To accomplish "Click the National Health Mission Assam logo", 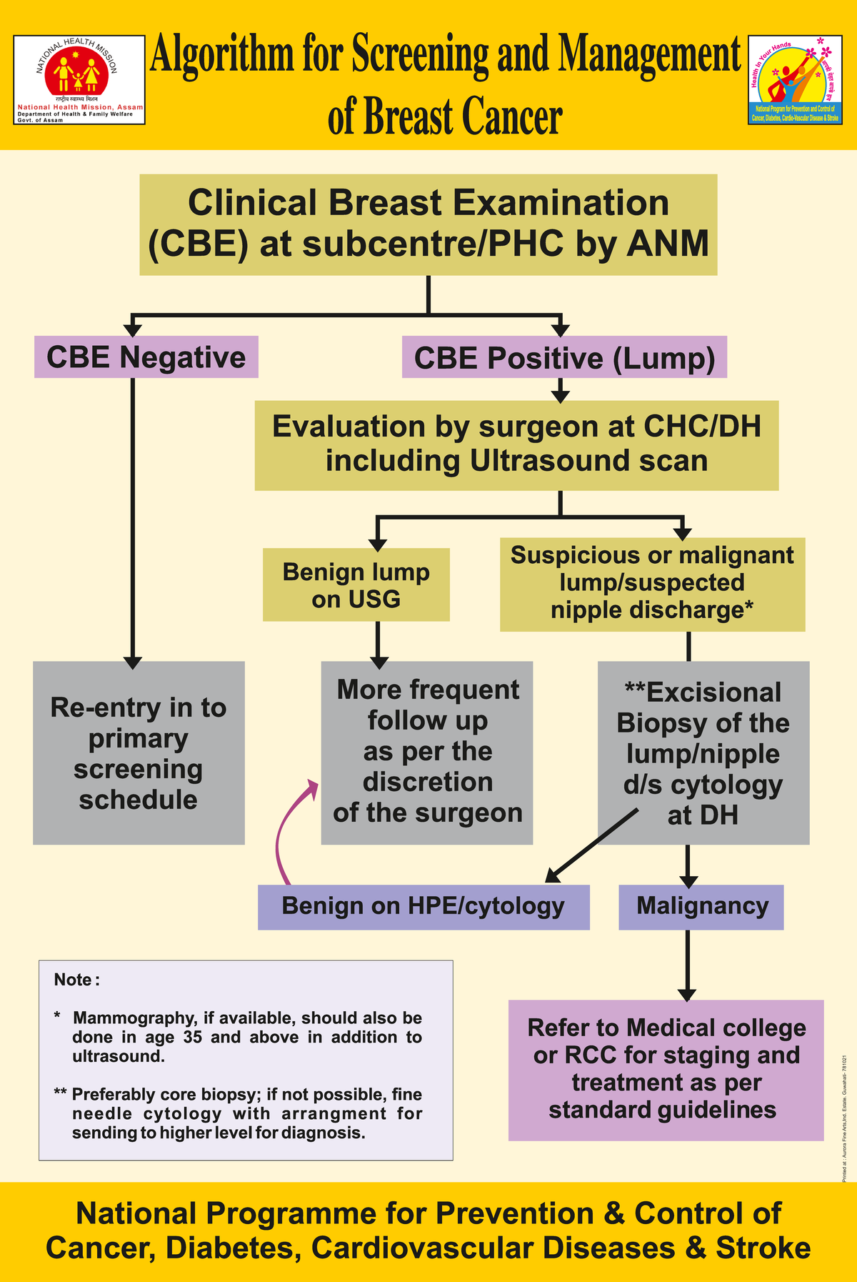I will [x=80, y=80].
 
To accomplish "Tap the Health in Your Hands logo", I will [x=796, y=80].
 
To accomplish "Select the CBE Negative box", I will [x=146, y=357].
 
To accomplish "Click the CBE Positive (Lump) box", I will [x=564, y=358].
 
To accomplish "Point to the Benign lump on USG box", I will [x=356, y=585].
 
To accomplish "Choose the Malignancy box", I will [x=701, y=906].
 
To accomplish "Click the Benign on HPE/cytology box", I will [x=424, y=906].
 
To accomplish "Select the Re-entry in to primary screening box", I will [x=139, y=752].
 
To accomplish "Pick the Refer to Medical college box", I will [x=666, y=1069].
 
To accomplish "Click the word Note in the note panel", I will [x=74, y=980].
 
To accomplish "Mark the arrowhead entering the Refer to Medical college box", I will [x=687, y=995].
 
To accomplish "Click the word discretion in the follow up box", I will [x=428, y=782].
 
